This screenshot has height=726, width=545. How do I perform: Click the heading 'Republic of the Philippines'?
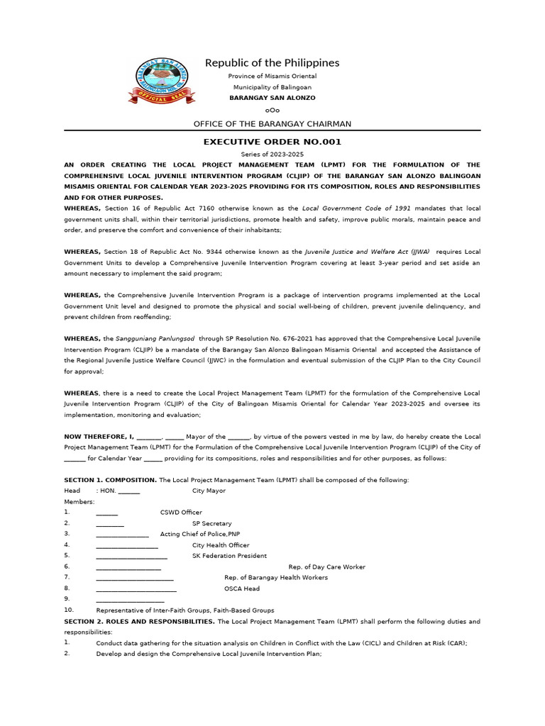point(272,63)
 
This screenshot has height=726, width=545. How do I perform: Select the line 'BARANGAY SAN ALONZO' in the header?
point(272,98)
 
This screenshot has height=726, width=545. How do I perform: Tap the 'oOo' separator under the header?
point(272,110)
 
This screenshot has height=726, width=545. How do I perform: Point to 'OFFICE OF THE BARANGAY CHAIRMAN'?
point(272,124)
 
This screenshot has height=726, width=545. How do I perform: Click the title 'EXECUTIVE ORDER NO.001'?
point(272,142)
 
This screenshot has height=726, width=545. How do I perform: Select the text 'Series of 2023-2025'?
point(272,155)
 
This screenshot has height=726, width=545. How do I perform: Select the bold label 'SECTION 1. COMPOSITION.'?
point(110,480)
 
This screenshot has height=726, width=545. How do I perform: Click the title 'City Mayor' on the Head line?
point(209,491)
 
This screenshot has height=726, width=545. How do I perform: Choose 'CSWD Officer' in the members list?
point(181,512)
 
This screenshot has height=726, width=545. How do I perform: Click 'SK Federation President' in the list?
point(229,556)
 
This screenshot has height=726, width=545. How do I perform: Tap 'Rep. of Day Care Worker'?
point(326,567)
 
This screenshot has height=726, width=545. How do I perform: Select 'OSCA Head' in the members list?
point(242,588)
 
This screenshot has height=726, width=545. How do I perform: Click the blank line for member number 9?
point(130,600)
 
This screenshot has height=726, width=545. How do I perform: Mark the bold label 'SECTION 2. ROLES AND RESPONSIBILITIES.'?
point(140,622)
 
